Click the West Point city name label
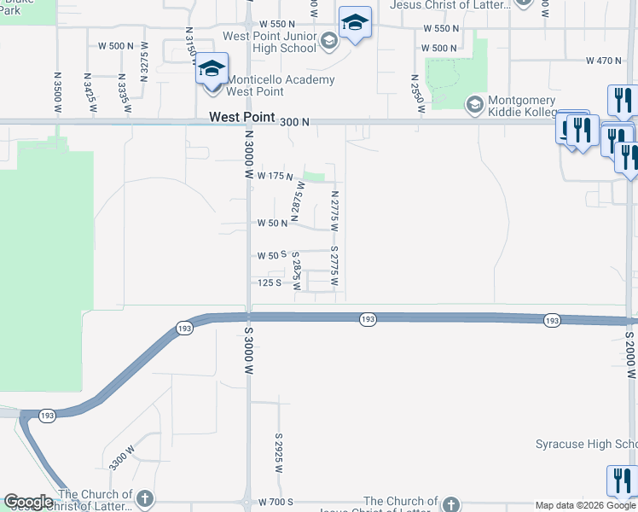click(242, 116)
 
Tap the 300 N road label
click(293, 122)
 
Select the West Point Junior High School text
click(269, 42)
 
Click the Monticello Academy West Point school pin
click(212, 69)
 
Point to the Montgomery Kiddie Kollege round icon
click(475, 105)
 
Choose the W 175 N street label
click(275, 175)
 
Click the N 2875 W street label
click(298, 201)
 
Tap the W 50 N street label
click(273, 223)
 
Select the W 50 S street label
click(272, 255)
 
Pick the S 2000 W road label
click(630, 355)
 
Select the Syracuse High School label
click(586, 445)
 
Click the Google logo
click(28, 502)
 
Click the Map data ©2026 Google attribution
click(586, 505)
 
